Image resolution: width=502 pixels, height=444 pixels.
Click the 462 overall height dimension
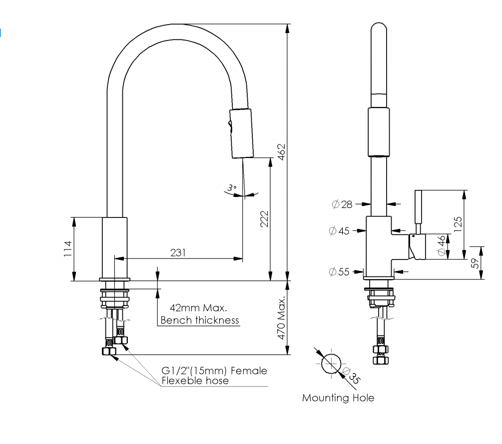(281, 151)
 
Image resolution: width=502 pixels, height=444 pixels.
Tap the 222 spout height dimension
(265, 218)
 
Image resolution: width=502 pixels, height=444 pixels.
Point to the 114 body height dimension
(68, 248)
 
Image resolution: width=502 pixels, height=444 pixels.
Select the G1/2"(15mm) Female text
(214, 371)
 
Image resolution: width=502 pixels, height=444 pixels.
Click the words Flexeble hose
(195, 380)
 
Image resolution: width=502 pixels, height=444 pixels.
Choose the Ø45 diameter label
(340, 230)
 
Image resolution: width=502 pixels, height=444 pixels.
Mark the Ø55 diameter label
(340, 271)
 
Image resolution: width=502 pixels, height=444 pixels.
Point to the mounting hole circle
(331, 364)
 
